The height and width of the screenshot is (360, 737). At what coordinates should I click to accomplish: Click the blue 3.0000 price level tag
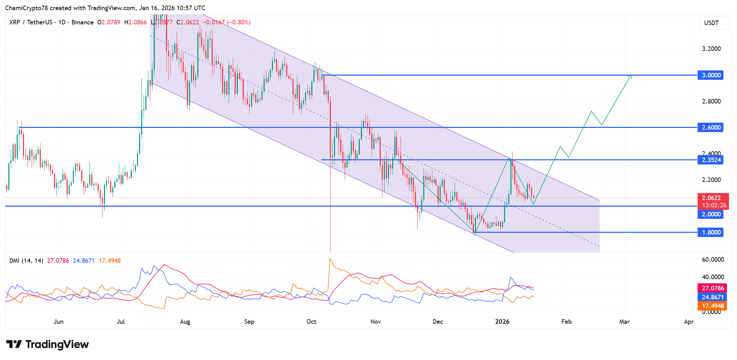click(710, 75)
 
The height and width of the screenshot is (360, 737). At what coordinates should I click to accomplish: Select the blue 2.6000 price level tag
click(710, 128)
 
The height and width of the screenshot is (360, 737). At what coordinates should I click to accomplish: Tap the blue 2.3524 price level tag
click(710, 160)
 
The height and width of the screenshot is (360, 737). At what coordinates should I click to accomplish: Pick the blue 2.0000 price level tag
click(710, 214)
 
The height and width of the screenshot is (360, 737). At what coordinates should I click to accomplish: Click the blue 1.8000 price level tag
click(710, 232)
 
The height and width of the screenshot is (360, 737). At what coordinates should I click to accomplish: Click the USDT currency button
click(711, 23)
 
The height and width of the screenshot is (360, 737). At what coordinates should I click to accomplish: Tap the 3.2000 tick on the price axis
click(711, 49)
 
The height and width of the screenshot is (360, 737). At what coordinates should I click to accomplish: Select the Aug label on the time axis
click(185, 322)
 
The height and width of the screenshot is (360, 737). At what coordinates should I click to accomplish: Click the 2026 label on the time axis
click(502, 322)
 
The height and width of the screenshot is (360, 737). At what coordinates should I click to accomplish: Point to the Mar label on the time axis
click(624, 322)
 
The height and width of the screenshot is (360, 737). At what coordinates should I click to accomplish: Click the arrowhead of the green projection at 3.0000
click(631, 76)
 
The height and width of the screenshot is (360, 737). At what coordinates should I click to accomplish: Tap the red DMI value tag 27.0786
click(713, 288)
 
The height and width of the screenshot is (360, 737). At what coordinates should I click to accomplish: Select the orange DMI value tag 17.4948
click(713, 306)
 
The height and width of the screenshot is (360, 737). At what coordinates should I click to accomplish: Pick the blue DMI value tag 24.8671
click(713, 297)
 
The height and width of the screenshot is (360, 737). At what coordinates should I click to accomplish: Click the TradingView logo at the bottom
click(47, 344)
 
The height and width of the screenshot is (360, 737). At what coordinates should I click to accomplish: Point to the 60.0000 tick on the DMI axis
click(713, 260)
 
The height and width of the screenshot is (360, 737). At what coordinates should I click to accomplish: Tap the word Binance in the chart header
click(83, 22)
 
